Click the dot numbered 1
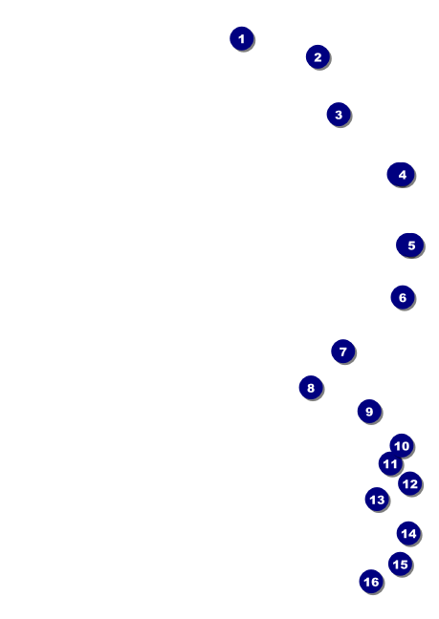pos(242,38)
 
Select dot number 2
pos(318,57)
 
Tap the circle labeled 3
pos(339,115)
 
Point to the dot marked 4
pos(401,174)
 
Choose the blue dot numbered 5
pos(409,245)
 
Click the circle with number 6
pos(403,297)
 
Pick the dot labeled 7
pos(343,352)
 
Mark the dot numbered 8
pos(311,388)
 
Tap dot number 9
pos(369,412)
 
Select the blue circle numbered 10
pos(402,445)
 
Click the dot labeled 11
pos(390,463)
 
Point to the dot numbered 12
pos(410,483)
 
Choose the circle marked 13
pos(377,500)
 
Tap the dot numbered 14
pos(408,533)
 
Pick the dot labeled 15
pos(401,565)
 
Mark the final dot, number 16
pos(371,582)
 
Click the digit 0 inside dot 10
pos(405,446)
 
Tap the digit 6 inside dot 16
pos(375,582)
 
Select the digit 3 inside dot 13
pos(380,500)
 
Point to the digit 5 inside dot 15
pos(404,565)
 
